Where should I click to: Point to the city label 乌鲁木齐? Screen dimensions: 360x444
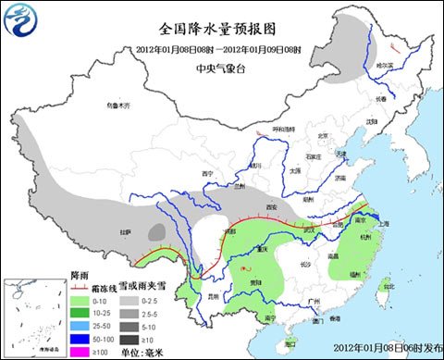click(119, 106)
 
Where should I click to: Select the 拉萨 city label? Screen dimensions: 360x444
click(126, 230)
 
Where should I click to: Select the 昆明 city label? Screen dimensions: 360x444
click(214, 296)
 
